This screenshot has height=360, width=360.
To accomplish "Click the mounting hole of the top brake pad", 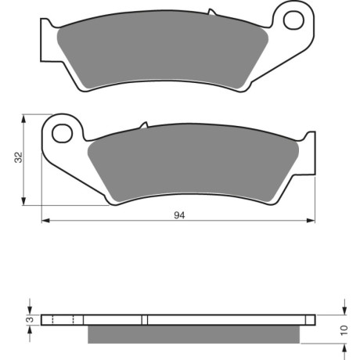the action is click(x=293, y=20).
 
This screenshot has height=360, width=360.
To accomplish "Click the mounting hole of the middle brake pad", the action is click(x=62, y=133).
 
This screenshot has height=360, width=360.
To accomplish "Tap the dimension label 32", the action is click(x=19, y=157).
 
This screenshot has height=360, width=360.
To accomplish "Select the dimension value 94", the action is click(x=179, y=215).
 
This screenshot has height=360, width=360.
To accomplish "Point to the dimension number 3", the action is click(x=31, y=319).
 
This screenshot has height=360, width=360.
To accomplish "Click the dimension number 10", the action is click(x=344, y=330).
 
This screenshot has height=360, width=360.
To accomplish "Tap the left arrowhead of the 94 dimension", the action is click(x=45, y=221).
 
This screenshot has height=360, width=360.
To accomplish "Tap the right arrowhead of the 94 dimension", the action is click(x=311, y=221).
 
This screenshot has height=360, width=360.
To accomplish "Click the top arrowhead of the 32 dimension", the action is click(x=23, y=119).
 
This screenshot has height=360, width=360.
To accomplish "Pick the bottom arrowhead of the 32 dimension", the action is click(x=23, y=201).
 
